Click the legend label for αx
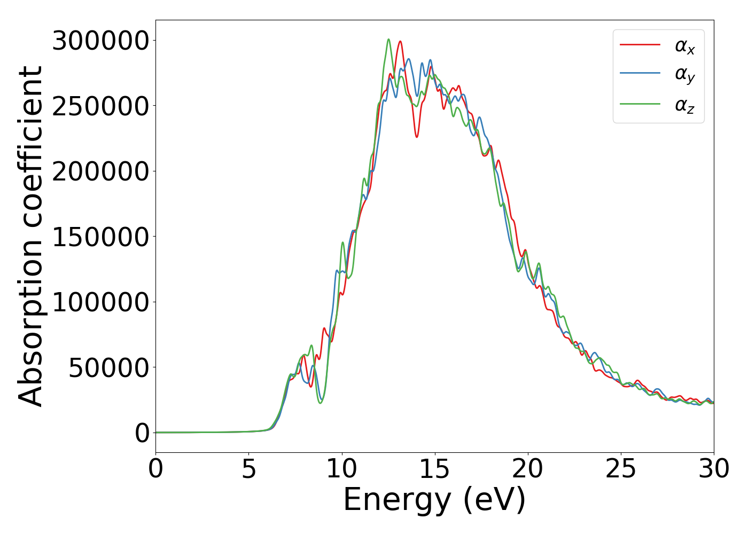click(x=684, y=46)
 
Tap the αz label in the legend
click(x=684, y=105)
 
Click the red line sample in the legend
click(x=640, y=45)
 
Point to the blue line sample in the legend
click(x=640, y=74)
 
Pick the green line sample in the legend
click(x=640, y=104)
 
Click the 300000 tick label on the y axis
click(x=100, y=41)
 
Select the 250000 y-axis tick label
click(x=100, y=106)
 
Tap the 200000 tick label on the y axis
click(x=100, y=171)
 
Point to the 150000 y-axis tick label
click(x=100, y=237)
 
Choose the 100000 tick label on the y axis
click(x=100, y=302)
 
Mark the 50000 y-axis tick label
click(x=109, y=367)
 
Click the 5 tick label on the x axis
click(x=248, y=469)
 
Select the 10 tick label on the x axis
click(x=341, y=469)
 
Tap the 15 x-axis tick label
click(x=434, y=469)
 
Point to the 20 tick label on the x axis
click(x=527, y=469)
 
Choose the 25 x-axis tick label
click(x=620, y=469)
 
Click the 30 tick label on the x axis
click(x=713, y=469)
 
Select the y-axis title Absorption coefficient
click(x=30, y=237)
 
